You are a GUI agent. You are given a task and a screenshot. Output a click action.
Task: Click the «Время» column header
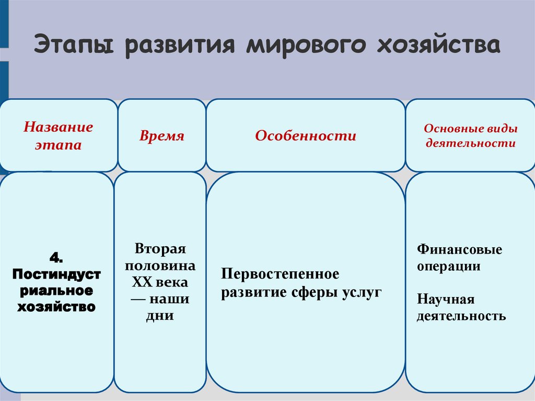tap(162, 136)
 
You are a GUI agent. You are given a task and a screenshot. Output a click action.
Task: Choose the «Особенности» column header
tap(306, 136)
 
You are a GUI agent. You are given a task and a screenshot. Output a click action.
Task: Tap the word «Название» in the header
tap(59, 127)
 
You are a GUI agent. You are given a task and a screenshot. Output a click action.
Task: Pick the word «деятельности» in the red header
tap(470, 143)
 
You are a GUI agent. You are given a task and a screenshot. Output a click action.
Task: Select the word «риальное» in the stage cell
tap(56, 290)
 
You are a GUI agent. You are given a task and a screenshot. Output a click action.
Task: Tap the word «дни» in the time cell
tap(160, 316)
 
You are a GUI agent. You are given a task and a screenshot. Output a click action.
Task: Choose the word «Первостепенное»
tap(280, 274)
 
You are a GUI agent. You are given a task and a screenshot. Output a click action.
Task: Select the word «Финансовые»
tap(459, 249)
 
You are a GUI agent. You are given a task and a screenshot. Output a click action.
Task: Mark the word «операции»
tap(448, 266)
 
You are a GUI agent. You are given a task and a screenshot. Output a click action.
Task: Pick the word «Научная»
tap(446, 299)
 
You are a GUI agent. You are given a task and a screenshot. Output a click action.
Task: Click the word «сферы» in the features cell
tap(319, 292)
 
